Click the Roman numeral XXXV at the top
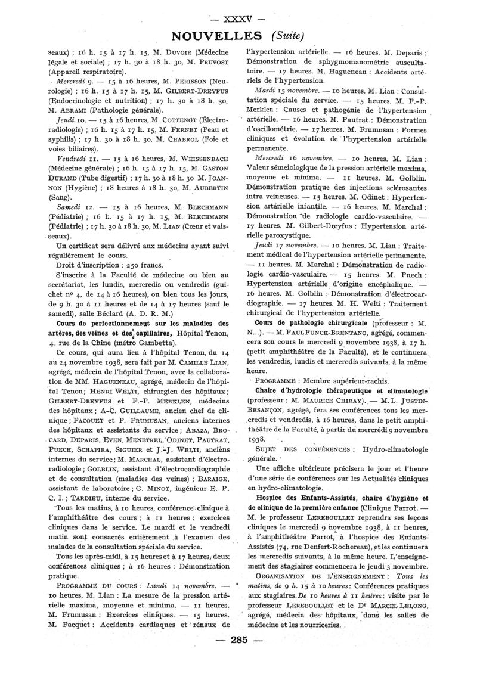pos(238,11)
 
